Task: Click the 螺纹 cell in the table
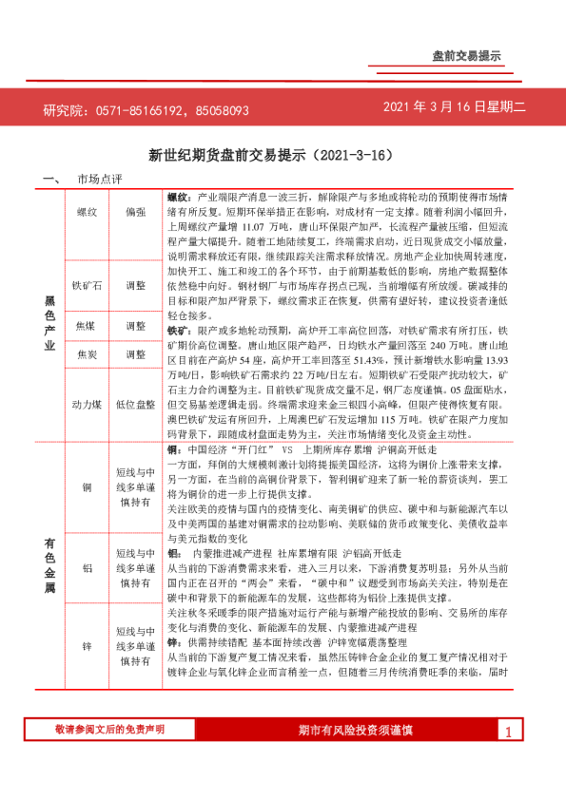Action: [88, 212]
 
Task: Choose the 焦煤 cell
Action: [88, 326]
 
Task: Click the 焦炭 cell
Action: [88, 354]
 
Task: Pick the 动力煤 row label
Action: [88, 403]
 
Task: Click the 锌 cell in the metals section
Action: [88, 646]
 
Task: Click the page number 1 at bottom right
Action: [510, 758]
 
